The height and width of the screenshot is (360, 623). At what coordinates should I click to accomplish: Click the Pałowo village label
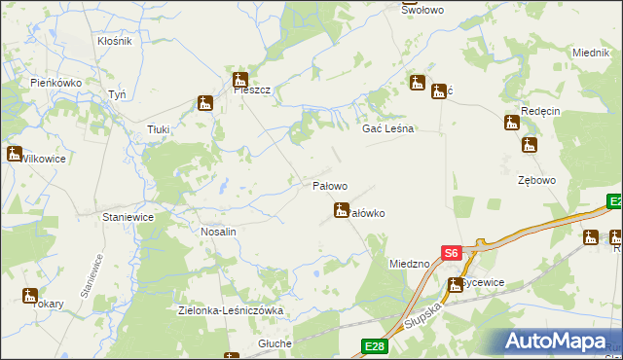coord(329,186)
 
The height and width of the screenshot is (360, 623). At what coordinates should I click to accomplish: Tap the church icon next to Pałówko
coord(342,209)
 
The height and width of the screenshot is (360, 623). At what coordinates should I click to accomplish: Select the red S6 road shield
coord(450,253)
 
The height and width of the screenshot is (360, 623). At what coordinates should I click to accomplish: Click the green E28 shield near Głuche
coord(374,345)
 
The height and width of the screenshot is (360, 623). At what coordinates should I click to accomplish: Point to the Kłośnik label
coord(115,43)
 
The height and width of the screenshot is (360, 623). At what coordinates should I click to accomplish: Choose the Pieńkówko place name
coord(55,84)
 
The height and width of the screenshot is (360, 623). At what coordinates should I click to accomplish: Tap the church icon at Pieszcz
coord(239,80)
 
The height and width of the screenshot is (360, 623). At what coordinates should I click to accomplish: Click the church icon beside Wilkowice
coord(14,153)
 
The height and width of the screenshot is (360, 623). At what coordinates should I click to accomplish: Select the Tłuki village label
coord(158,129)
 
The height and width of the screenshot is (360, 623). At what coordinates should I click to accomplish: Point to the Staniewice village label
coord(128,218)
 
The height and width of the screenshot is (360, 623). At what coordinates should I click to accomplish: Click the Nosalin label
coord(218,234)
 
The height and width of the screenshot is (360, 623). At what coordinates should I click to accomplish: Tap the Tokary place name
coord(47,304)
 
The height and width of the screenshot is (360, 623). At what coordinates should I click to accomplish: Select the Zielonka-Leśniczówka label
coord(231,310)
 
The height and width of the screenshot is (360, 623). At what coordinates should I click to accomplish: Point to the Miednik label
coord(590,53)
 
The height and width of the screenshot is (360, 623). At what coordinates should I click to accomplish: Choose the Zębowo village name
coord(535,181)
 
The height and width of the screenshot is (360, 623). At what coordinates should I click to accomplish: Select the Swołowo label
coord(422,9)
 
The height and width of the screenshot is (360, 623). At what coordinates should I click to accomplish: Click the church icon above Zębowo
coord(529,145)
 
